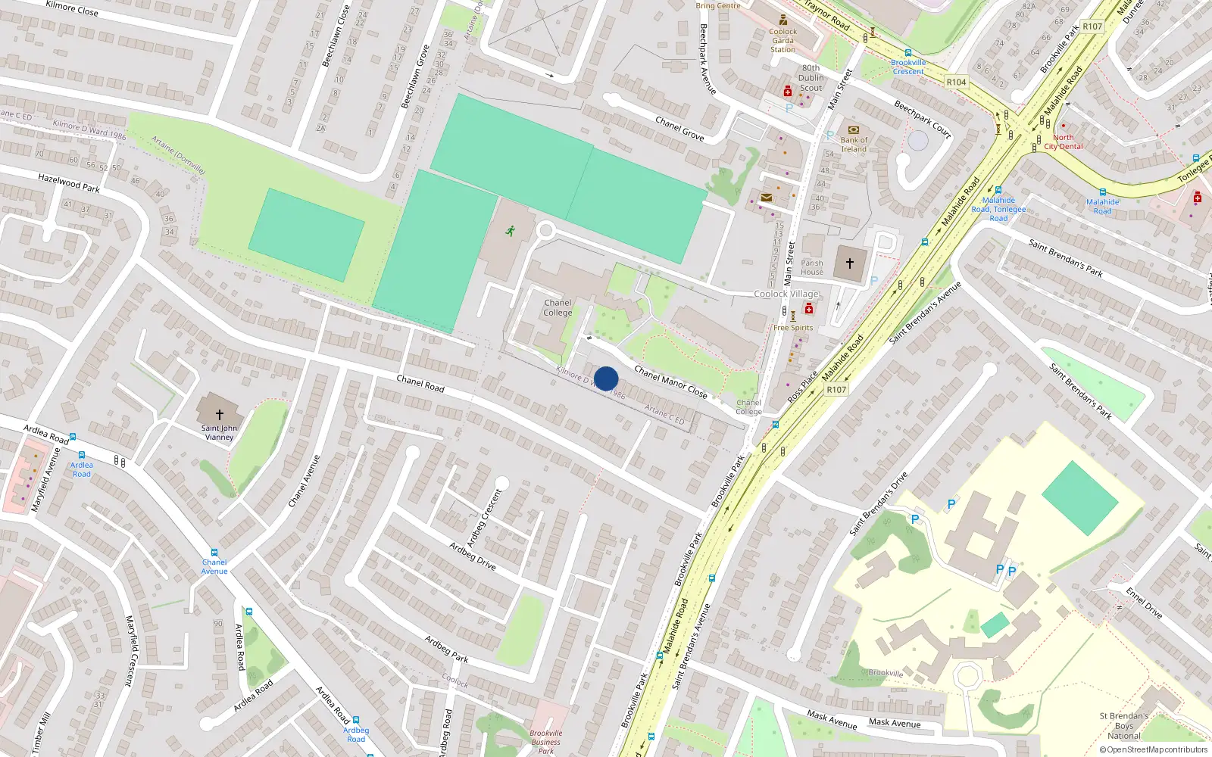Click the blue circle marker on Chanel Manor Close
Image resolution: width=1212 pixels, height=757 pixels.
coord(606,378)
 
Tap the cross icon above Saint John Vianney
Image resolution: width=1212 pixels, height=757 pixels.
coord(220,415)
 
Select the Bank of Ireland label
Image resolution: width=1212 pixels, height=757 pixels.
coord(854,144)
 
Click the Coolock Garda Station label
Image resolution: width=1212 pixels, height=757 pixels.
coord(783,40)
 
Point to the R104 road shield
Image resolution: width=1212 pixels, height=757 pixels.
coord(956,82)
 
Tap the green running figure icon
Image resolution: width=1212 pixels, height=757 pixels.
coord(511,230)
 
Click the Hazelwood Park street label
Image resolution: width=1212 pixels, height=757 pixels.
coord(69,182)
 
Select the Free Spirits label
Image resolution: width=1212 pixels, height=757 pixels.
coord(793,328)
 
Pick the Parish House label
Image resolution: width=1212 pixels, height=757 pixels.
coord(812,267)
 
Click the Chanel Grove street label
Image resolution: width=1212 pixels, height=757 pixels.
coord(679,129)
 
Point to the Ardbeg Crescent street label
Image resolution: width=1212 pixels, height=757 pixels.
coord(484,519)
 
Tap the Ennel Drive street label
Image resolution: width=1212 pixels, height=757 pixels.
coord(1144,603)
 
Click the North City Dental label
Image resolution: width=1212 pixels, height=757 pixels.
coord(1064,142)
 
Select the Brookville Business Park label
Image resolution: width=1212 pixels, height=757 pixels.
coord(545,742)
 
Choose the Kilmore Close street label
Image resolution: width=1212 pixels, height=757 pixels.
coord(72,8)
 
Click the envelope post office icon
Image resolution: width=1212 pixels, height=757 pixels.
coord(767,198)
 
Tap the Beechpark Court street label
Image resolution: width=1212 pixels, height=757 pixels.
coord(922,119)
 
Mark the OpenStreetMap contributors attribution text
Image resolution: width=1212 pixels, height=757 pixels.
coord(1154,750)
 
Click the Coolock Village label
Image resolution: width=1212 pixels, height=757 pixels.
coord(786,294)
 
